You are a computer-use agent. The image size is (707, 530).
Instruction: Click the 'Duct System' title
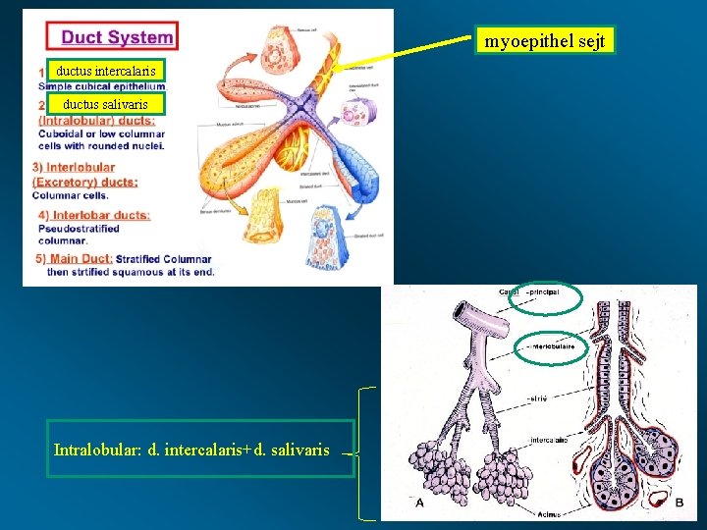click(117, 38)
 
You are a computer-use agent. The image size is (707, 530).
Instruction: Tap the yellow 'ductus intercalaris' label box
click(106, 71)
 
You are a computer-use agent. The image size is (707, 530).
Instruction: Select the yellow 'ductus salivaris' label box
click(106, 104)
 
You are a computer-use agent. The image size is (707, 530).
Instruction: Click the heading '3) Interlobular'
click(74, 168)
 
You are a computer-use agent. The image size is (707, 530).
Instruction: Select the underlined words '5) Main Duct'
click(74, 258)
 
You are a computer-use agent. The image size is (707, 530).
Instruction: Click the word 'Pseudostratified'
click(79, 228)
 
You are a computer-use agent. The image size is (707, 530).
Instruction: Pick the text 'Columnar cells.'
click(71, 194)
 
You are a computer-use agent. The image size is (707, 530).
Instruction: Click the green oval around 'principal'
click(546, 297)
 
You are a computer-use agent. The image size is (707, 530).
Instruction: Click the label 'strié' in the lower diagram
click(538, 397)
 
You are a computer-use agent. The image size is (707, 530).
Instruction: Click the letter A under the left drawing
click(419, 503)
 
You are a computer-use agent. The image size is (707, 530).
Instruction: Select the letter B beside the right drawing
click(680, 503)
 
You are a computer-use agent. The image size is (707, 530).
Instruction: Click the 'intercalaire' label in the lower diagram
click(548, 440)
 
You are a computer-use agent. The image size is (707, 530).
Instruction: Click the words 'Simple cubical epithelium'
click(101, 86)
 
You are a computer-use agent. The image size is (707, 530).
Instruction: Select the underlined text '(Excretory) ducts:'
click(84, 182)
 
